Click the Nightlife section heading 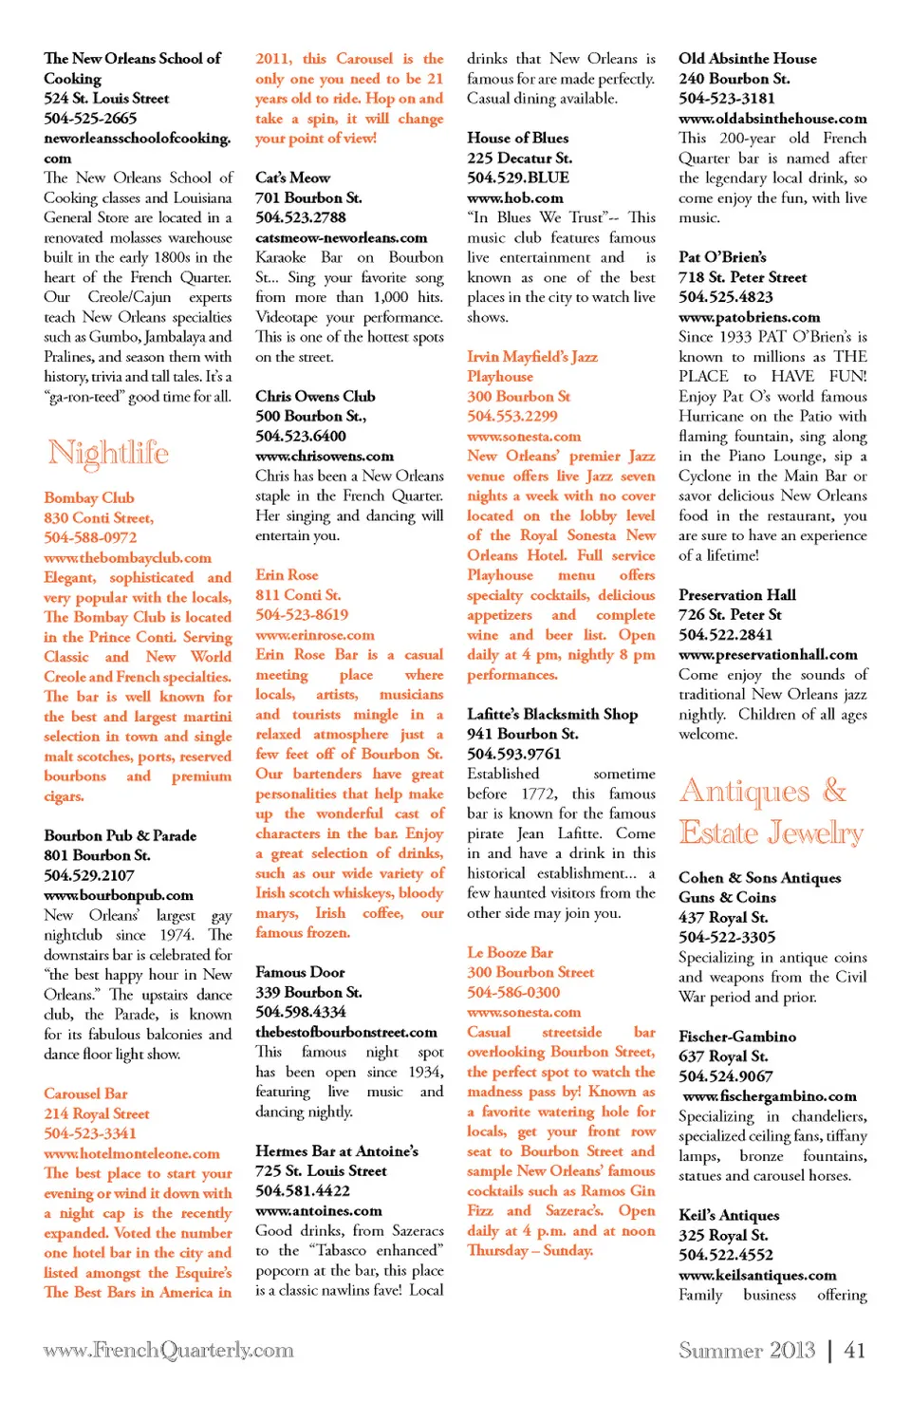coord(108,453)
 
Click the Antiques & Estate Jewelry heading coord(771,812)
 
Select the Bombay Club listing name coord(89,497)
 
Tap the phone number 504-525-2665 coord(90,118)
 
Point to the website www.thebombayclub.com coord(127,557)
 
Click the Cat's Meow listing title coord(292,178)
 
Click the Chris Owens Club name coord(315,396)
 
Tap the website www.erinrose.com coord(314,634)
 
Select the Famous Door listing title coord(300,972)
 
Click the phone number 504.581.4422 coord(302,1190)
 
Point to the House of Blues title coord(517,138)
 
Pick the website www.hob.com coord(514,197)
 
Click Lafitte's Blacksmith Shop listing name coord(551,714)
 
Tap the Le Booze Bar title coord(510,952)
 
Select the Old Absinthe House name coord(747,58)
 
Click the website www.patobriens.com coord(749,317)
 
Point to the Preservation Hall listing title coord(736,594)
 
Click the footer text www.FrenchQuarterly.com coord(168,1350)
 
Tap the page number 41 coord(854,1350)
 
